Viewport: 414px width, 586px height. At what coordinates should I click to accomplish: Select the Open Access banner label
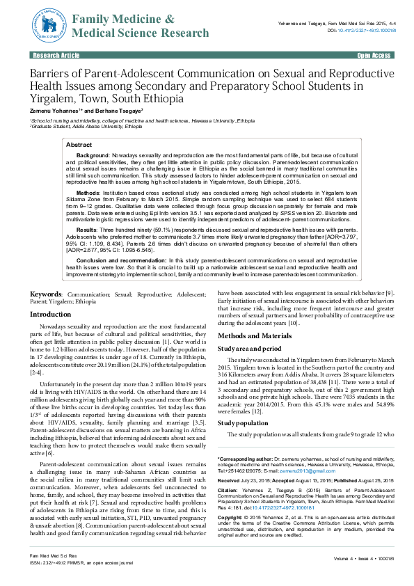pyautogui.click(x=374, y=54)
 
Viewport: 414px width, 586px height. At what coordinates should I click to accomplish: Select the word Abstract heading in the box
pyautogui.click(x=79, y=144)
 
